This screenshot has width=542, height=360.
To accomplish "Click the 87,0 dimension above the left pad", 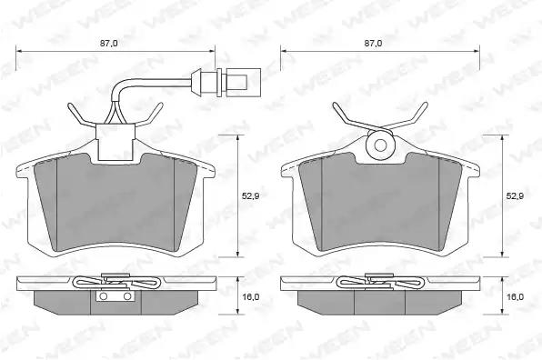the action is point(109,44).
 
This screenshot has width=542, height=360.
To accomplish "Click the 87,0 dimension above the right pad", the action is point(374,44).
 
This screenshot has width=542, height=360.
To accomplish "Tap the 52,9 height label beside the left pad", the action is point(251,195).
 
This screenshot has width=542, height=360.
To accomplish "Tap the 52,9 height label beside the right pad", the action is point(515,195).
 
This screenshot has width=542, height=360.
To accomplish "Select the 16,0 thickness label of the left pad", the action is point(251,296).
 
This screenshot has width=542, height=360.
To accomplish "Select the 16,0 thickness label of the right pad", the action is point(515,296).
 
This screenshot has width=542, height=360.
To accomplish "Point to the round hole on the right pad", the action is point(380,145).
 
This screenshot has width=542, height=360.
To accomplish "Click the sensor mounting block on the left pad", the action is point(115,142).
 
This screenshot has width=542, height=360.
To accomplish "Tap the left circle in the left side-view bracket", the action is point(103,296).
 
